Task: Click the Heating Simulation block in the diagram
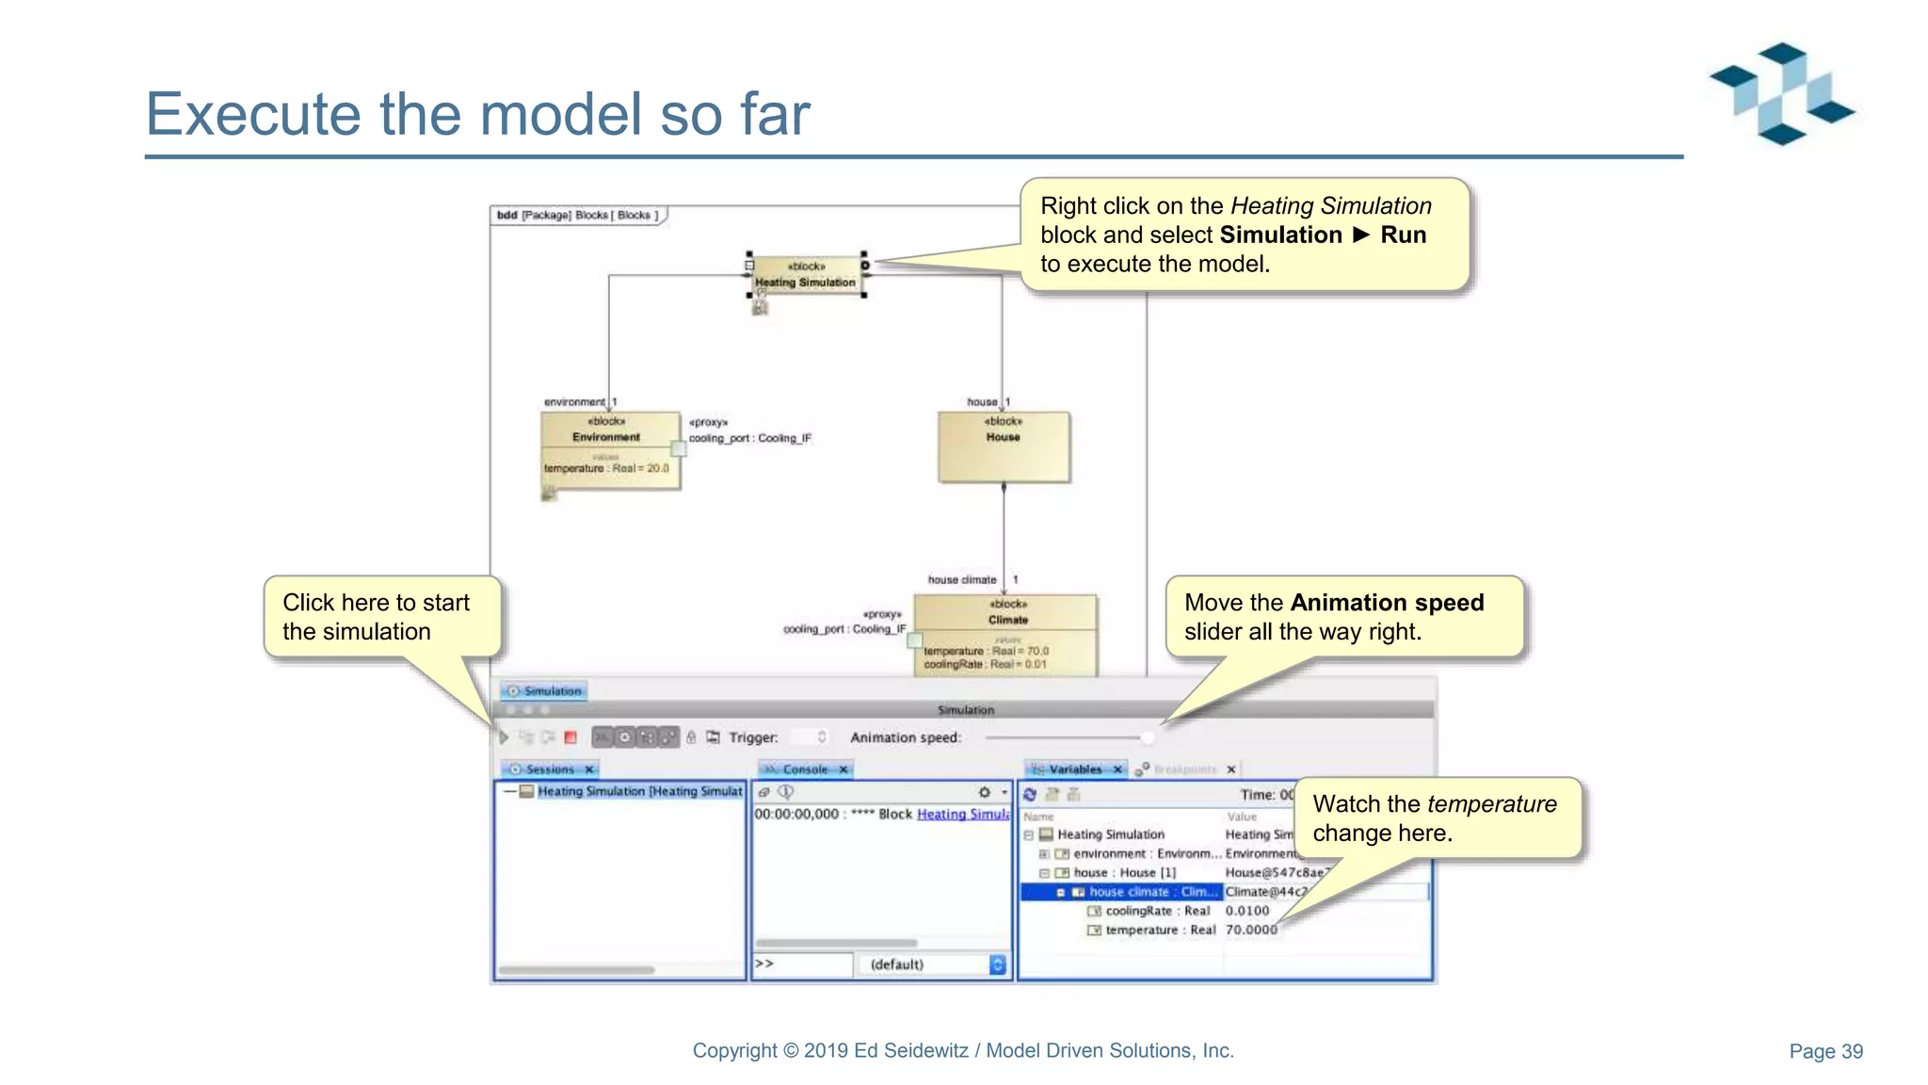pos(806,275)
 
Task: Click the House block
pos(1004,446)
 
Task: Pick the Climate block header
pos(1006,612)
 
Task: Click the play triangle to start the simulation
pos(504,737)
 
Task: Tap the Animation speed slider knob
pos(1147,737)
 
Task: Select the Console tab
pos(805,769)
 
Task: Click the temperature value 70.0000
pos(1251,930)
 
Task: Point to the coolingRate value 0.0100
pos(1247,911)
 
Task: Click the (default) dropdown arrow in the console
pos(998,964)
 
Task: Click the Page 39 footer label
pos(1825,1051)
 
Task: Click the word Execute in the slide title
pos(252,114)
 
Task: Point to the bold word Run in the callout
pos(1403,235)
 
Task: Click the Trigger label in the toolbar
pos(753,737)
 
